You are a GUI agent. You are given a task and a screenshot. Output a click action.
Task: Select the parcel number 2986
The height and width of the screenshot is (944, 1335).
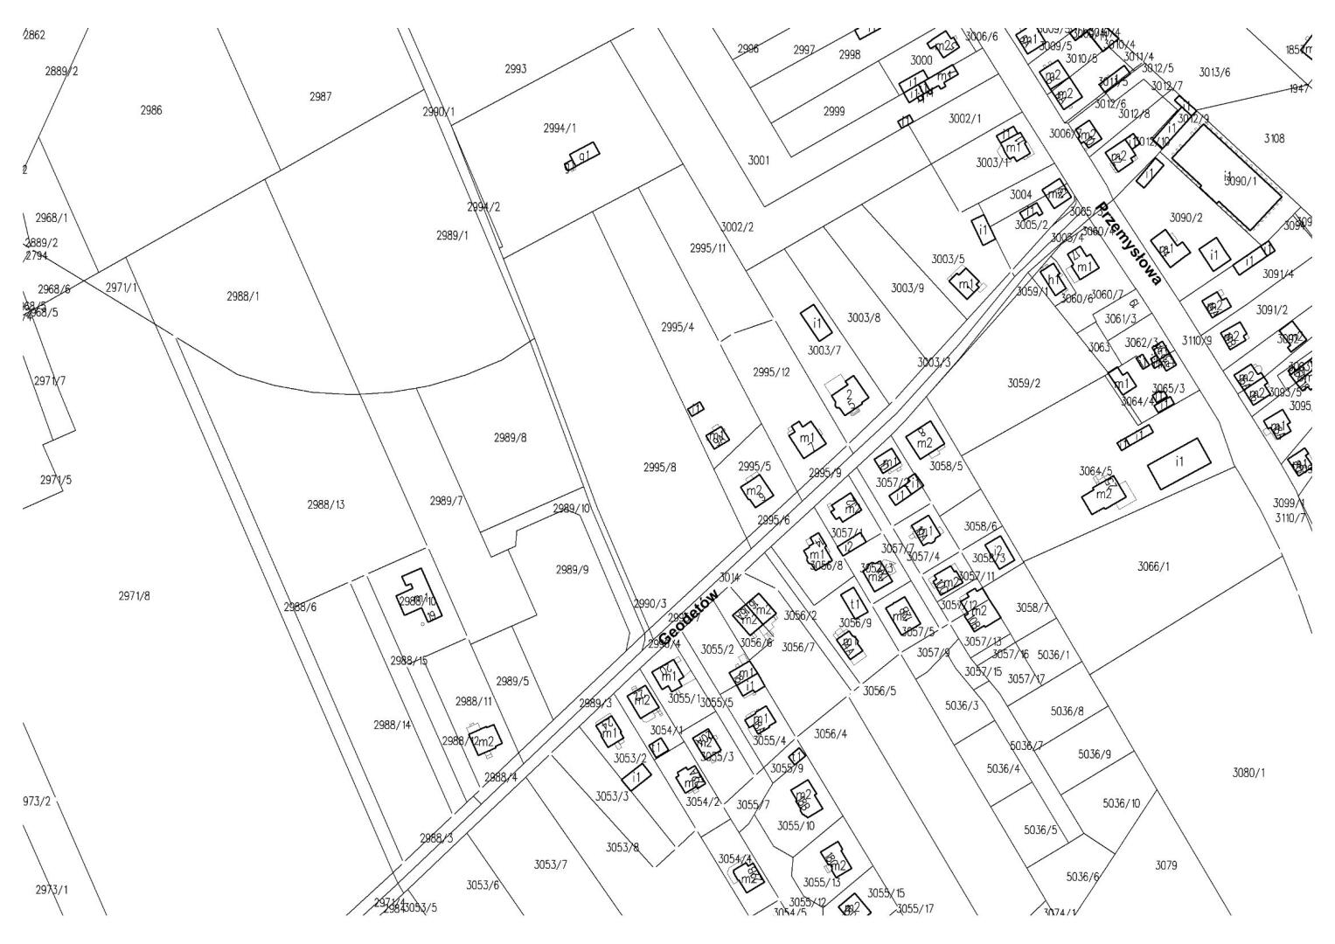151,111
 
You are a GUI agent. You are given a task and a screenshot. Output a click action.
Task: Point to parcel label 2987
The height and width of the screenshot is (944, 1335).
320,97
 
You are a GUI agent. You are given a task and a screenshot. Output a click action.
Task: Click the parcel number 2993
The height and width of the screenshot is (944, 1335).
516,69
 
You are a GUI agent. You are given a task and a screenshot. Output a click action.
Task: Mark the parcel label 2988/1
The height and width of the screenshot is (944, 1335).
243,296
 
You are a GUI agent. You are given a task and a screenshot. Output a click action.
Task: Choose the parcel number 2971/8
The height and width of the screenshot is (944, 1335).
134,596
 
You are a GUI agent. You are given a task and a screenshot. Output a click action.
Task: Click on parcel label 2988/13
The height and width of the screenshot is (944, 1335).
326,504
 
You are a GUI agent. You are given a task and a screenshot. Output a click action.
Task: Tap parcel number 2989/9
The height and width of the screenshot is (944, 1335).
573,570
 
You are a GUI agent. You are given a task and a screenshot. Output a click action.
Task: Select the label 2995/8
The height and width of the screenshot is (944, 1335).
660,468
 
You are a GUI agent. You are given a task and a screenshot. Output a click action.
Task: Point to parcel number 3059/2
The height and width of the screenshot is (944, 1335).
1024,383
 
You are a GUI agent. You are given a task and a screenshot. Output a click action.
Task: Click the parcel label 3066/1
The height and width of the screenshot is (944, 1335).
1154,566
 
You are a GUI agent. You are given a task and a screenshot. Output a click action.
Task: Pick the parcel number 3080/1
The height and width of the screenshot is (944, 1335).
1248,773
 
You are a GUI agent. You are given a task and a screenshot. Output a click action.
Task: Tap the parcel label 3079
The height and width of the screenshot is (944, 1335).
1166,865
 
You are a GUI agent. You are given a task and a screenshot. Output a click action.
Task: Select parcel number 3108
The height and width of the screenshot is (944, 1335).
1275,138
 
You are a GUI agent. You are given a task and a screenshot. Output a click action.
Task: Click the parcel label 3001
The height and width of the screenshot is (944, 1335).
758,161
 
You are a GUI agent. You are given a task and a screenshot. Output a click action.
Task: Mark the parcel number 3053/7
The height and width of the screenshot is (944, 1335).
551,864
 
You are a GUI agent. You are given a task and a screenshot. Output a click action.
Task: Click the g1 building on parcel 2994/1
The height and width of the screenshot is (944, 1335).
584,156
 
